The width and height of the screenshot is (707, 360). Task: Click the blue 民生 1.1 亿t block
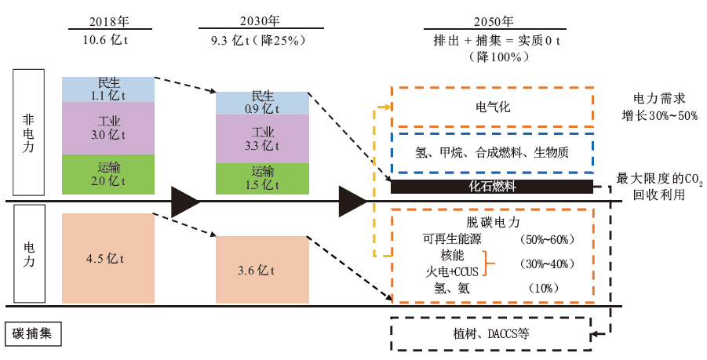[x=108, y=89]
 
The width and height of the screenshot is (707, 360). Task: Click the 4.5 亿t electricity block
[x=108, y=258]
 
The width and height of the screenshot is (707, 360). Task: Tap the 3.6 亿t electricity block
[x=261, y=270]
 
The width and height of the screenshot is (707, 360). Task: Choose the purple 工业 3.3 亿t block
[x=261, y=138]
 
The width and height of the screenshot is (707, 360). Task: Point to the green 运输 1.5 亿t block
[x=261, y=178]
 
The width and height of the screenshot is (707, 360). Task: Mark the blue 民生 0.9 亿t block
[x=261, y=103]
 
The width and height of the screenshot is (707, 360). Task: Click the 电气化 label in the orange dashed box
[x=493, y=107]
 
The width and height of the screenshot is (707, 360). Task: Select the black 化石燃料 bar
[x=493, y=187]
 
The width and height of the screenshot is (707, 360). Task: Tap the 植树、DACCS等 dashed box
[x=493, y=333]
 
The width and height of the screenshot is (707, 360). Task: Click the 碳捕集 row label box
[x=34, y=333]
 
